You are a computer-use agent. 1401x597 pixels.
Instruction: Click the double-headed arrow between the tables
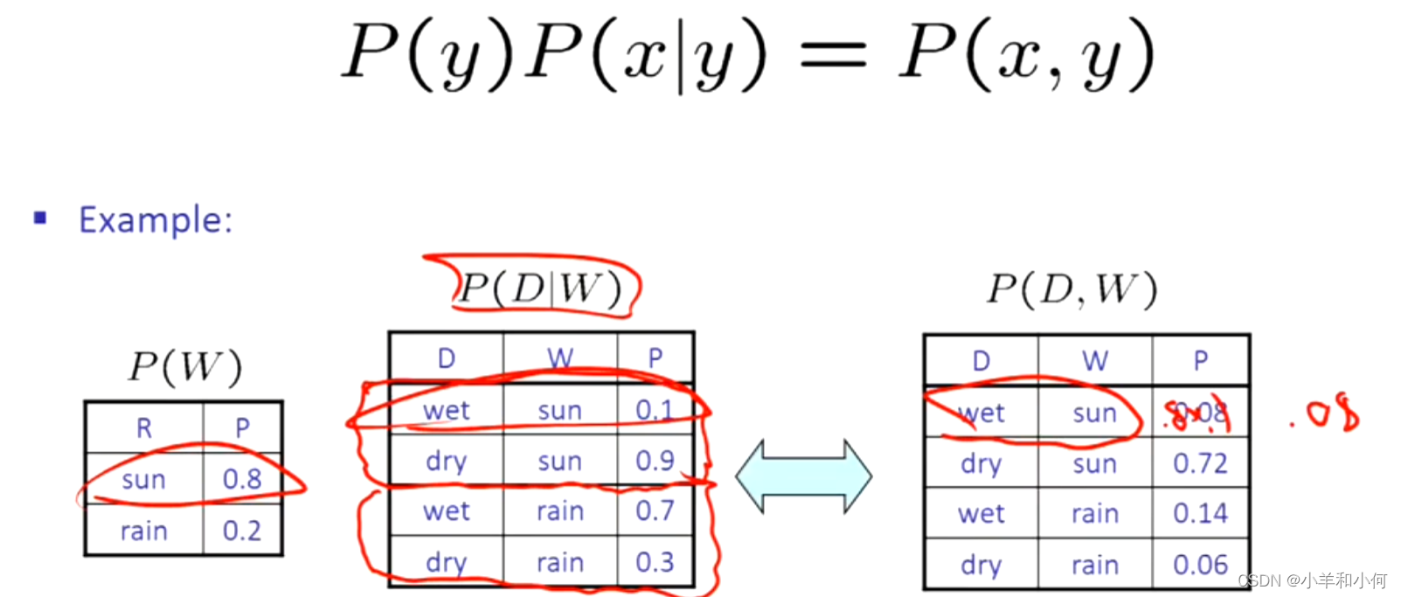[803, 476]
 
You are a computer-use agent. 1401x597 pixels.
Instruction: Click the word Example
[155, 219]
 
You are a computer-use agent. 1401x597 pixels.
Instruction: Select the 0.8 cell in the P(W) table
[241, 479]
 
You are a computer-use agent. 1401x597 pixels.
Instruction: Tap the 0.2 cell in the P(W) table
[241, 531]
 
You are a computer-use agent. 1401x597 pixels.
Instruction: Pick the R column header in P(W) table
[144, 427]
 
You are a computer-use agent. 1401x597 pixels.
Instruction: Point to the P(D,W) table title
[1072, 288]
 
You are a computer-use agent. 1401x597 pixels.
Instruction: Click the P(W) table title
[184, 366]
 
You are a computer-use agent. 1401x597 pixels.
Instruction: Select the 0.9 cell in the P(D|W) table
[655, 461]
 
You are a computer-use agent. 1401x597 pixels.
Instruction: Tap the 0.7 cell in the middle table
[655, 510]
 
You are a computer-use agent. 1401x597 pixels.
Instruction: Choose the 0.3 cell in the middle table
[655, 562]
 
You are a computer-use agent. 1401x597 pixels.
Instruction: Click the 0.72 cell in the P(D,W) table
[1200, 463]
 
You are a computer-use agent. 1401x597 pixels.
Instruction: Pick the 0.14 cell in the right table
[1200, 513]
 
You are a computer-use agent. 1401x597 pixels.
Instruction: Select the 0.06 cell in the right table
[1200, 565]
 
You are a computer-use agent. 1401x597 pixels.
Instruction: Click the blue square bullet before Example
[40, 218]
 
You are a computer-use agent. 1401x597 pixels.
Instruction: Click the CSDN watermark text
[1312, 580]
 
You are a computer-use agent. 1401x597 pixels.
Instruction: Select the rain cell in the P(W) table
[144, 531]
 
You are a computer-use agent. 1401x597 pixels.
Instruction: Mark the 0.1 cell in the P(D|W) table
[655, 410]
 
